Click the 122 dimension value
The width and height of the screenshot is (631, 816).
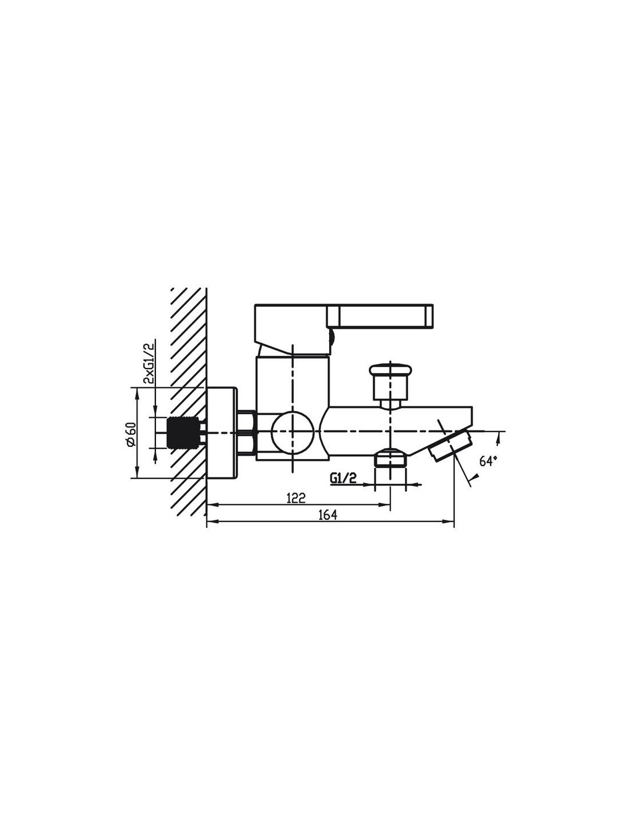point(296,498)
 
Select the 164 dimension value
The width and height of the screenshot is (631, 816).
point(328,515)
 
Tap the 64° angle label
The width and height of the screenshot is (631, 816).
point(488,461)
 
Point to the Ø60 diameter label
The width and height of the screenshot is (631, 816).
point(131,434)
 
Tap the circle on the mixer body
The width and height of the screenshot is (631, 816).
point(293,432)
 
